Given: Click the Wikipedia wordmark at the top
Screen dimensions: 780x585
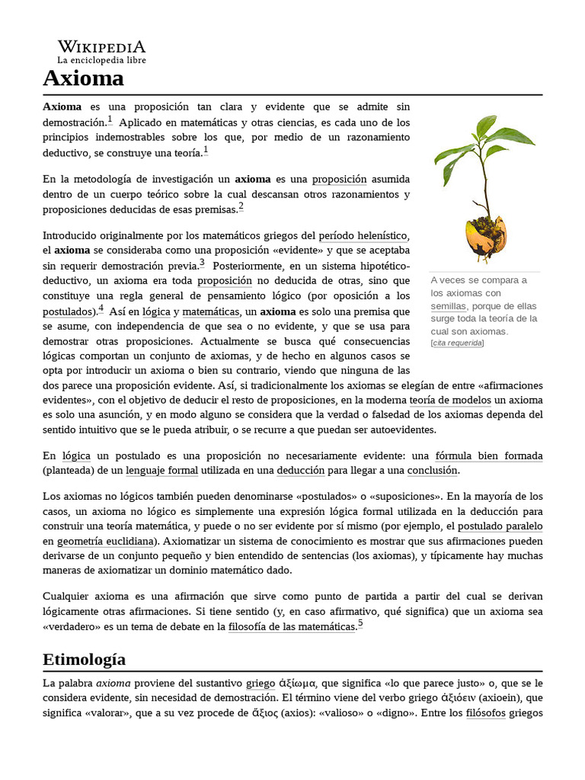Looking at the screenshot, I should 102,46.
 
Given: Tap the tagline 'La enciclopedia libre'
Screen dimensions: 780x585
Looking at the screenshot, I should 102,59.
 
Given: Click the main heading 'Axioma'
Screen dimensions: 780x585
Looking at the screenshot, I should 83,78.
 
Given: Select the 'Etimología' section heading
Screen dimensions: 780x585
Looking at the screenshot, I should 85,659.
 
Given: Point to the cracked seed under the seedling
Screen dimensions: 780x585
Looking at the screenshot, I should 485,236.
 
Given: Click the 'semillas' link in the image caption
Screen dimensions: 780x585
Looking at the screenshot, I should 448,305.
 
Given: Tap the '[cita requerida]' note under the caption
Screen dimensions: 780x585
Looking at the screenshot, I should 457,343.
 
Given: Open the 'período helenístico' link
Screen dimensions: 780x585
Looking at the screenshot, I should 363,235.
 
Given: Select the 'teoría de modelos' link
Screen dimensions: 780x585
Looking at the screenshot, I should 449,400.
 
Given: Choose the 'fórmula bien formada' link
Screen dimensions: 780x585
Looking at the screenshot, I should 488,456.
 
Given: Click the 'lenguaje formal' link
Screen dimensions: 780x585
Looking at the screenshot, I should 161,471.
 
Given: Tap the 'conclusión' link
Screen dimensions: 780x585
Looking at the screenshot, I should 432,471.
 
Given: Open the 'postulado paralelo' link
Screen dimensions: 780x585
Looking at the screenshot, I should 500,526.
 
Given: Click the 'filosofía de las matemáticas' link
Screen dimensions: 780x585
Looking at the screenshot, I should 292,627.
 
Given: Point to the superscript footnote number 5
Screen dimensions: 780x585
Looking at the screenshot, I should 360,624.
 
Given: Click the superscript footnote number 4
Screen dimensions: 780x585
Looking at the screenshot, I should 101,308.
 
